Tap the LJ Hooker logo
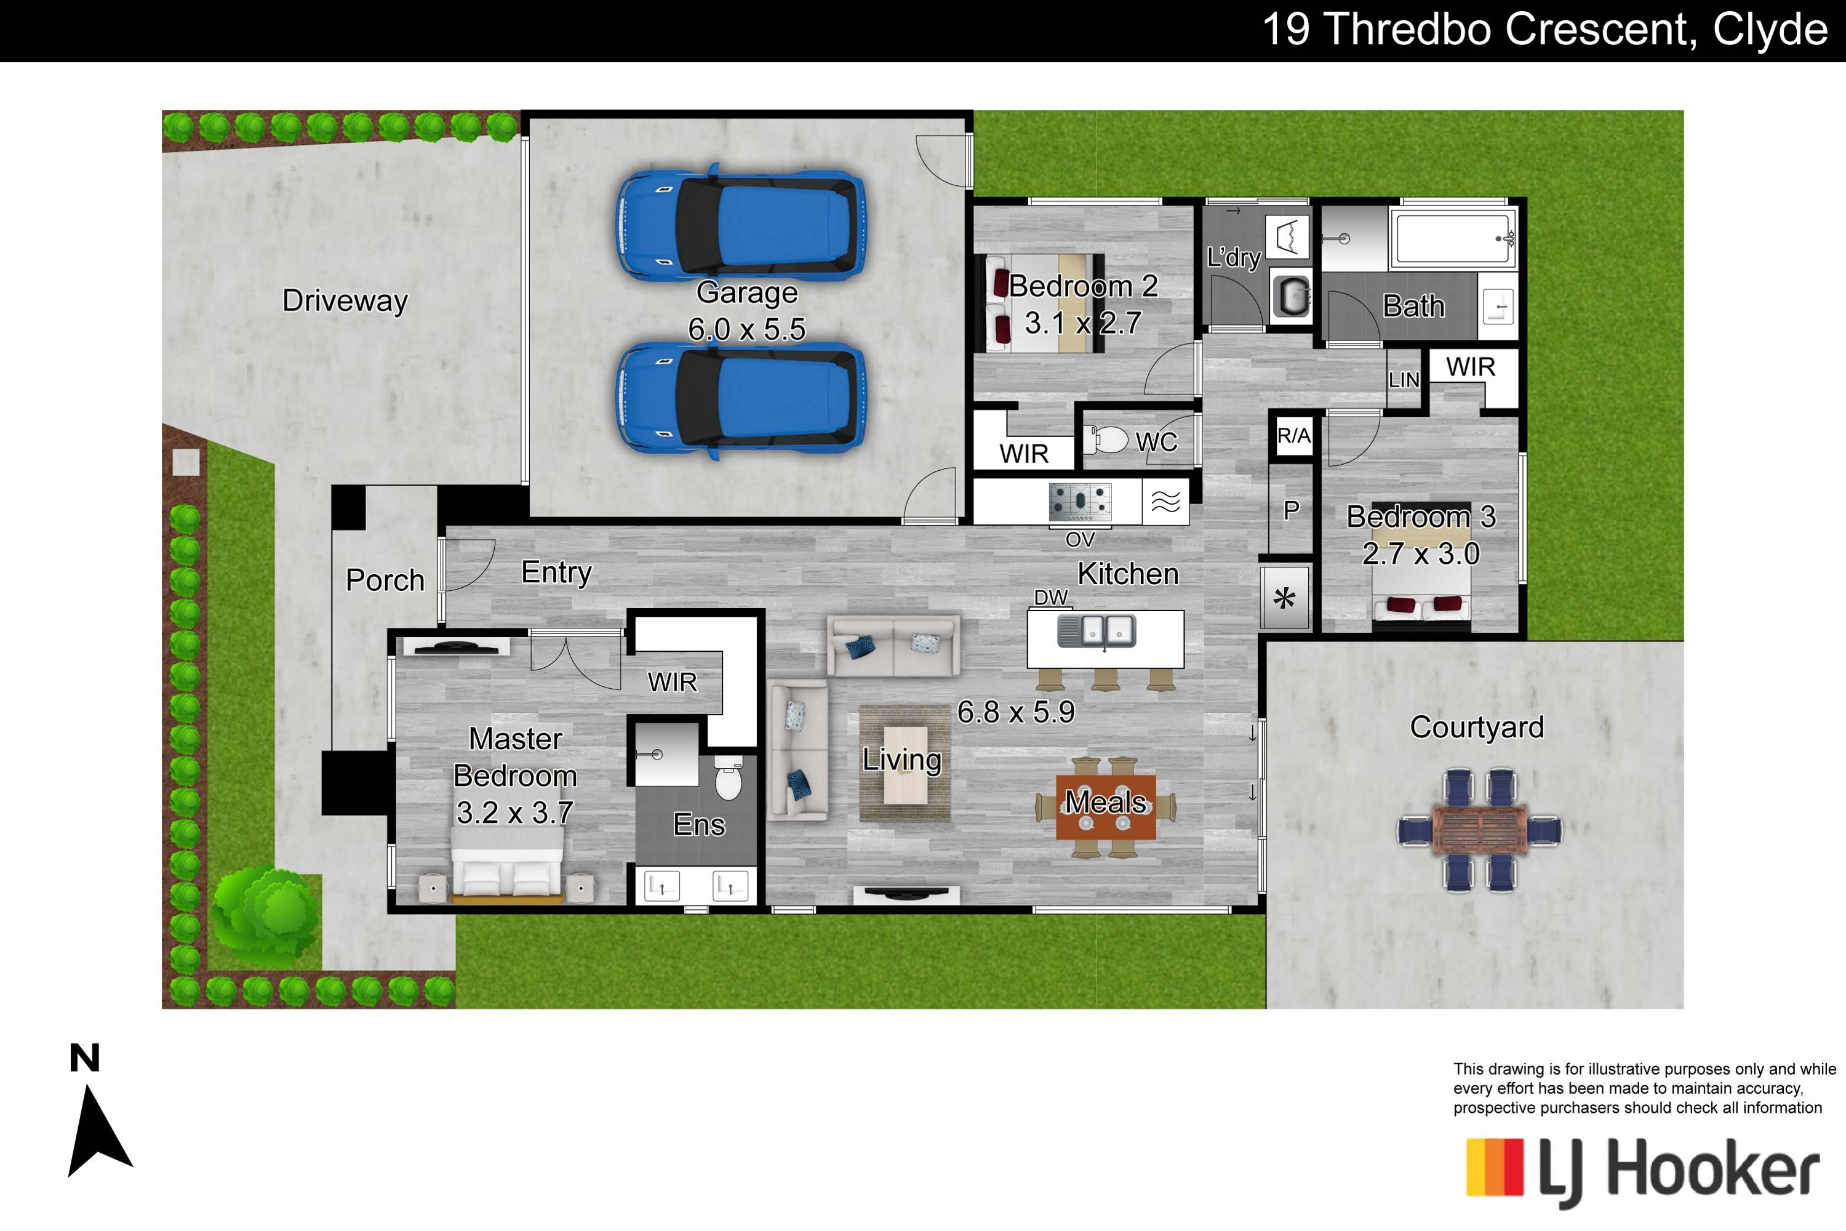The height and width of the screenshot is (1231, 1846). [1642, 1172]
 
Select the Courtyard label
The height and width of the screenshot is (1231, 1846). [1476, 727]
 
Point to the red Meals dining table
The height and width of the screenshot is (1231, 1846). [1105, 807]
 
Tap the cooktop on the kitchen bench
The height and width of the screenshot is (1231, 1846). [1080, 502]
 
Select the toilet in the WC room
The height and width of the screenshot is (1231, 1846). [1105, 439]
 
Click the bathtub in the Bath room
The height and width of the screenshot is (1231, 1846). [1453, 237]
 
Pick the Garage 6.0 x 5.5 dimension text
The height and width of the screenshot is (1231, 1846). [746, 329]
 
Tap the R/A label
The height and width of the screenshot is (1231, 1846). [1293, 436]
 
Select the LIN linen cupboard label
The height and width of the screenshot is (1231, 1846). [1404, 380]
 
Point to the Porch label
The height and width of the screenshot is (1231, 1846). [385, 580]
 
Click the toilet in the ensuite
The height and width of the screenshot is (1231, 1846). [729, 777]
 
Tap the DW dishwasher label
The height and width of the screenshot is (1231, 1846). [1051, 598]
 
